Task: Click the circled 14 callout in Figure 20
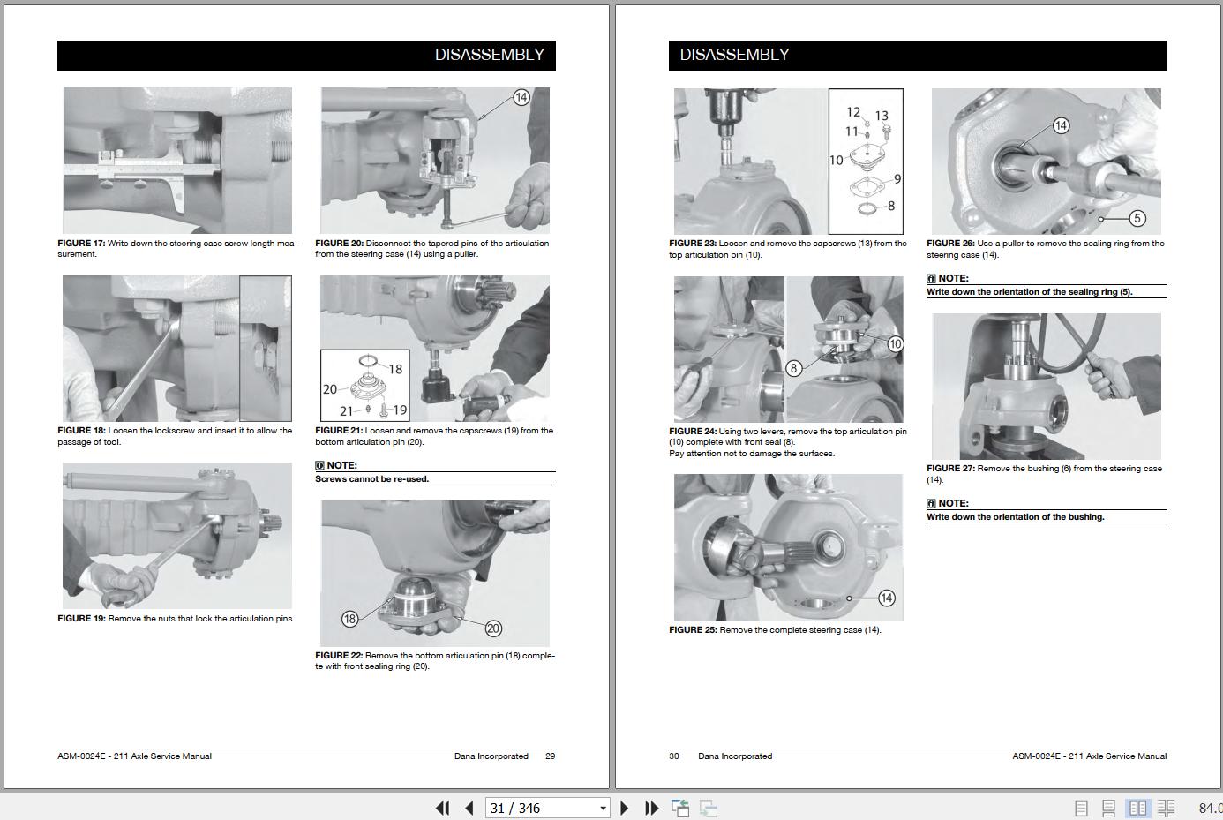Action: coord(521,98)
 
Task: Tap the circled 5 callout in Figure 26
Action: coord(1137,219)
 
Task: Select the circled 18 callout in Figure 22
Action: coord(350,619)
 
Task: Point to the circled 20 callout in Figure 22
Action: coord(493,628)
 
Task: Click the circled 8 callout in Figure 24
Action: coord(794,368)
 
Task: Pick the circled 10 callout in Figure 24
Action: coord(895,344)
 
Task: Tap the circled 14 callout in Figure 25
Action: coord(886,598)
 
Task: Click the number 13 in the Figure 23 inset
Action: coord(882,116)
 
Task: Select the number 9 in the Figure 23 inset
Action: coord(897,179)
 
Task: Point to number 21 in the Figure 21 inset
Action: coord(346,410)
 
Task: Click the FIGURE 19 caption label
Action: coord(81,619)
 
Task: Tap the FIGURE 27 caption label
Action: coord(950,468)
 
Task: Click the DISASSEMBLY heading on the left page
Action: coord(489,55)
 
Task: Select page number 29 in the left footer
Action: coord(550,756)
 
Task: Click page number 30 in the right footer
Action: coord(674,756)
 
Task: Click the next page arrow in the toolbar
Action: coord(624,808)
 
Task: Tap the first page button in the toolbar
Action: coord(442,808)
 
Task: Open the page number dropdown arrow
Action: coord(603,808)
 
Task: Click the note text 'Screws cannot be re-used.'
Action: coord(371,479)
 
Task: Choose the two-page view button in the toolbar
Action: coord(1137,808)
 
